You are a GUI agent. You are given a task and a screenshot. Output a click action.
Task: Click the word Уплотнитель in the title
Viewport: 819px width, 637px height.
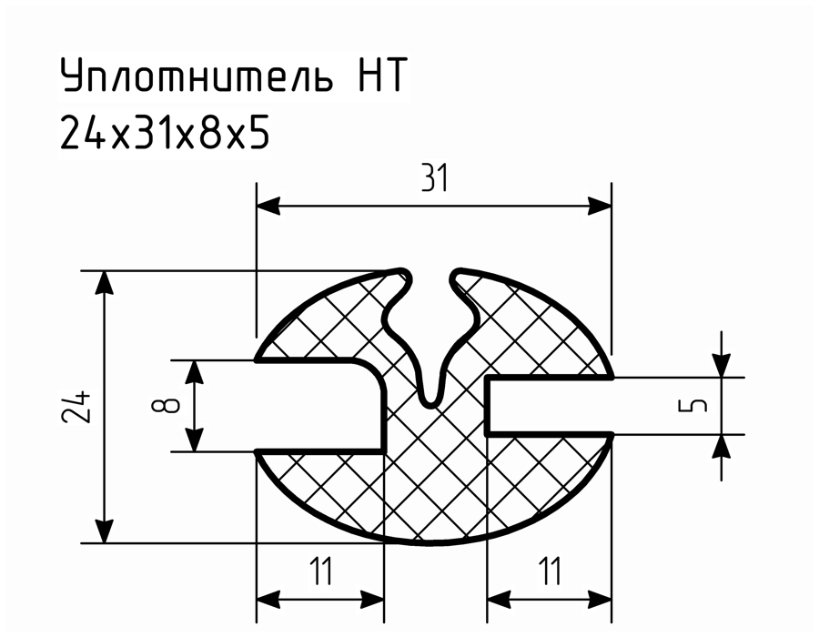(x=197, y=76)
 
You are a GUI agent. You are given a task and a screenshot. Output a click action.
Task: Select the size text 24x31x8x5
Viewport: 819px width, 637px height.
(x=165, y=133)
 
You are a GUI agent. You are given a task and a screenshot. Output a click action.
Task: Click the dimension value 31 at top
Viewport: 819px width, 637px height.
(x=435, y=178)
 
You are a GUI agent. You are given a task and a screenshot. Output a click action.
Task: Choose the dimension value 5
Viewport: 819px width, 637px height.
(x=693, y=405)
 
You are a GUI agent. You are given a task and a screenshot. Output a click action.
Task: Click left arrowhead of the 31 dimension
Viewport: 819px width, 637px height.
(x=268, y=207)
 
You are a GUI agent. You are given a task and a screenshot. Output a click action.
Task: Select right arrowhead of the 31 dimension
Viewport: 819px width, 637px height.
(x=600, y=207)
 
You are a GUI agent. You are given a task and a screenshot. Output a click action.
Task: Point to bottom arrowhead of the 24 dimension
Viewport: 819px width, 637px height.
(x=105, y=531)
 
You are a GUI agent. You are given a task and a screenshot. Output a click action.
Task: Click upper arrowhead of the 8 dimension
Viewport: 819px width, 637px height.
(x=195, y=372)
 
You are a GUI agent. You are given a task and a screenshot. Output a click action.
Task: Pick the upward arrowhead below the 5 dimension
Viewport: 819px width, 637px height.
(x=722, y=446)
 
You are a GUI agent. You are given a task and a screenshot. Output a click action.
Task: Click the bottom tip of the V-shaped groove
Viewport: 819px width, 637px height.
(x=431, y=405)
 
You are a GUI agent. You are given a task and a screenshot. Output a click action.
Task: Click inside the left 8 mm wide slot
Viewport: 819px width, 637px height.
(x=319, y=405)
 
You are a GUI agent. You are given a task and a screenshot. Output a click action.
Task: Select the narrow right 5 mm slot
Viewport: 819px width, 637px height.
(x=549, y=406)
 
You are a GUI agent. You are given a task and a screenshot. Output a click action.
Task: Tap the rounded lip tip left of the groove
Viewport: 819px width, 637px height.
(x=403, y=273)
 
